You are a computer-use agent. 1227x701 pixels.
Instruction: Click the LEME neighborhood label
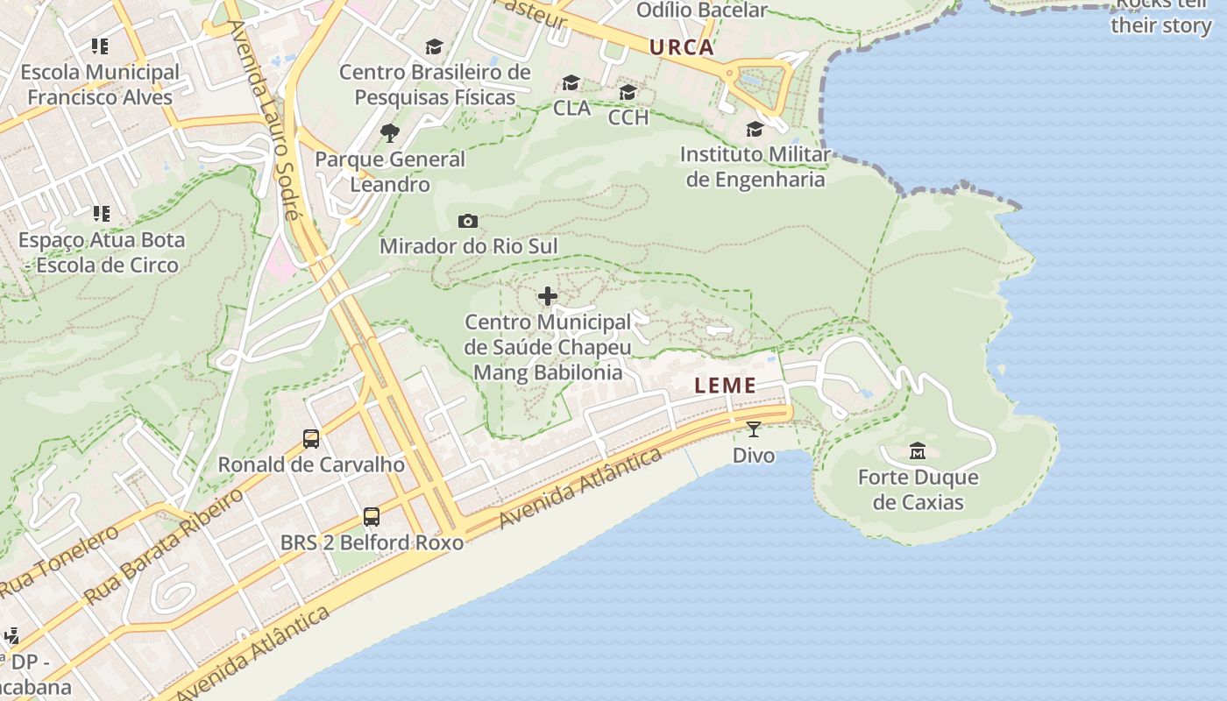[x=725, y=386]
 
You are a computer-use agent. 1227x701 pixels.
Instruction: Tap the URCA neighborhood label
[x=682, y=47]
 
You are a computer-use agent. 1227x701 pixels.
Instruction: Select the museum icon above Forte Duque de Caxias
[x=918, y=451]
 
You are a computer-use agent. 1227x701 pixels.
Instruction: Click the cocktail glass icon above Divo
[x=754, y=429]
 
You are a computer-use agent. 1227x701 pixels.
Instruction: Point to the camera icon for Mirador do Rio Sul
[x=468, y=221]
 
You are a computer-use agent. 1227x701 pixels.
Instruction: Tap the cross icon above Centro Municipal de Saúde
[x=548, y=297]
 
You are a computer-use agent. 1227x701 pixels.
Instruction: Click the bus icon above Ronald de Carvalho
[x=311, y=439]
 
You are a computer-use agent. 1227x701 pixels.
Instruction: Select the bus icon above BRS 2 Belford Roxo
[x=372, y=517]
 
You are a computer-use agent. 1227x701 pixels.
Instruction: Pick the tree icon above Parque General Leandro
[x=390, y=133]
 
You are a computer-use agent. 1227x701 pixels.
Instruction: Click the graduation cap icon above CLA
[x=571, y=83]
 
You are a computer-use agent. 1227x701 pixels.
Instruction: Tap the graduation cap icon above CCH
[x=628, y=92]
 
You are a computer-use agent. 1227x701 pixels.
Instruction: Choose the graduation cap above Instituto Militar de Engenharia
[x=755, y=130]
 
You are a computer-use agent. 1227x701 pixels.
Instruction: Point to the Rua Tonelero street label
[x=60, y=562]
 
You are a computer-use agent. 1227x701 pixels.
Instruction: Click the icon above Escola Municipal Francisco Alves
[x=100, y=46]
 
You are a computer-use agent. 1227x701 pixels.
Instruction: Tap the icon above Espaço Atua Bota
[x=102, y=213]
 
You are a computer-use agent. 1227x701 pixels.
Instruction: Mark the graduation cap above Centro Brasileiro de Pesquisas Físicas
[x=434, y=46]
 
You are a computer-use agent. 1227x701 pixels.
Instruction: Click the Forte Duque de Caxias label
[x=918, y=490]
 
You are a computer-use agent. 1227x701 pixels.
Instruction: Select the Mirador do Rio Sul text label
[x=468, y=246]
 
